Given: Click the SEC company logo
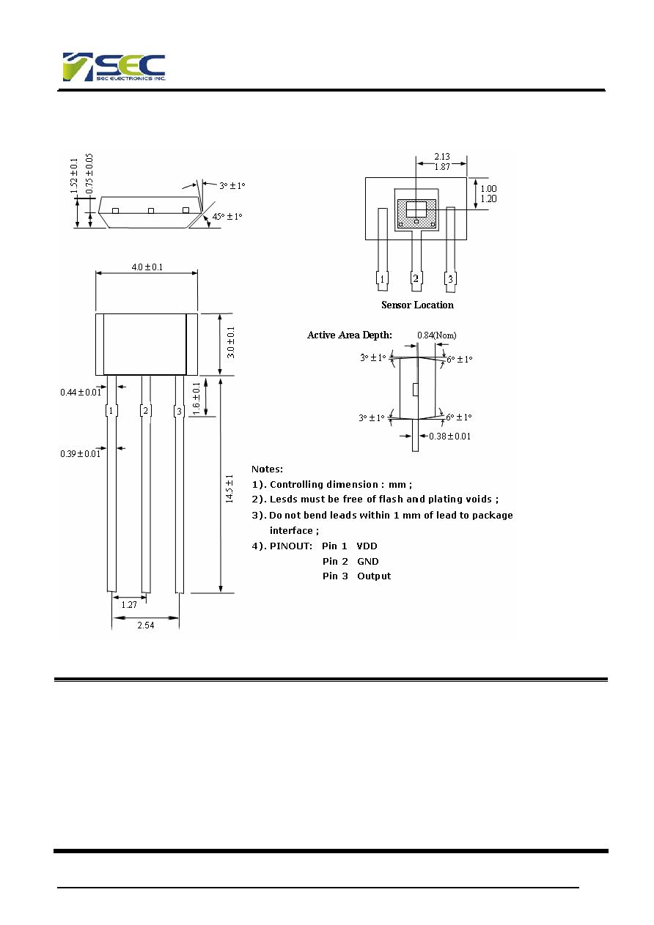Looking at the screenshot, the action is (x=114, y=67).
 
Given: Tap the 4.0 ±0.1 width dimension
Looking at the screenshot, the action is (x=147, y=267).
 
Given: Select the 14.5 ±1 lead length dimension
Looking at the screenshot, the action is (x=229, y=488).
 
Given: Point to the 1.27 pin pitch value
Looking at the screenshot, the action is (x=129, y=604).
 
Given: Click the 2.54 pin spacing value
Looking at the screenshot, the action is (x=146, y=625).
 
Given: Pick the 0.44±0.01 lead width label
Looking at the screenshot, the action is (x=81, y=393).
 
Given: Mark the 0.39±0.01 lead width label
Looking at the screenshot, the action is (x=80, y=454).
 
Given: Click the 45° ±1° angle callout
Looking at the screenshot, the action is (x=227, y=216).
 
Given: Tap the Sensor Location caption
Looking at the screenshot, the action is (x=417, y=305).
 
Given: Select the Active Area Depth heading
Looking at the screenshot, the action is (x=349, y=335).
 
